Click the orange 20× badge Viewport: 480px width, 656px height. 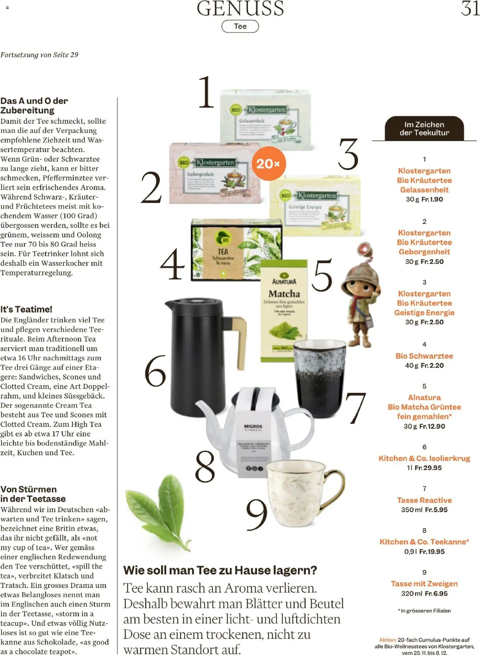[x=268, y=163]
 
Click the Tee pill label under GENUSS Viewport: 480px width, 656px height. [x=240, y=26]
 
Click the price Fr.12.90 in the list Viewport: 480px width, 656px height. [x=432, y=426]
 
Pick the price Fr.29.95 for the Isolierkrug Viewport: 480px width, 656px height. [x=428, y=468]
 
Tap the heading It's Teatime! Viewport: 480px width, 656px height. [x=26, y=309]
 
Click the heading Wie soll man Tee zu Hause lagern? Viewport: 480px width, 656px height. [x=220, y=570]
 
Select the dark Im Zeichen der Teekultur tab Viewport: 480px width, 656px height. [x=424, y=128]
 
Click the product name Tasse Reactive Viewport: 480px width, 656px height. [x=424, y=500]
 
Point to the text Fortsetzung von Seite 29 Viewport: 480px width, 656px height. [x=39, y=55]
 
